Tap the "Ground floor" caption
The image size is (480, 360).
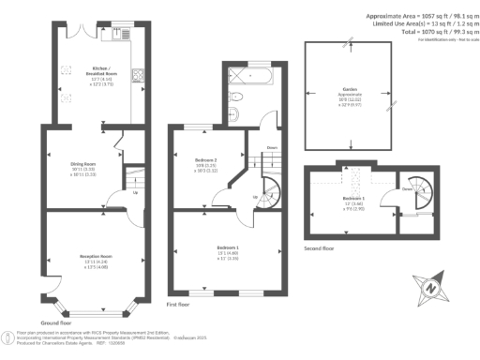(x=58, y=322)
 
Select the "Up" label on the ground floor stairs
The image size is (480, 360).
(x=136, y=194)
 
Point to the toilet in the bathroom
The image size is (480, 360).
(x=238, y=96)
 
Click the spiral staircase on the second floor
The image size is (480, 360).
(x=412, y=192)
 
